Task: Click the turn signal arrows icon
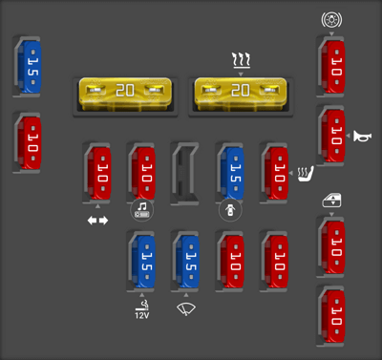(x=98, y=221)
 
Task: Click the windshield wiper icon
(x=185, y=307)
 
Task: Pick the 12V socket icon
(x=141, y=309)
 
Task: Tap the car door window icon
(x=331, y=201)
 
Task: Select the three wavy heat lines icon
(x=241, y=62)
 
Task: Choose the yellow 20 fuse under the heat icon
(x=242, y=92)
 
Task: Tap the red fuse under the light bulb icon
(x=331, y=66)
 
